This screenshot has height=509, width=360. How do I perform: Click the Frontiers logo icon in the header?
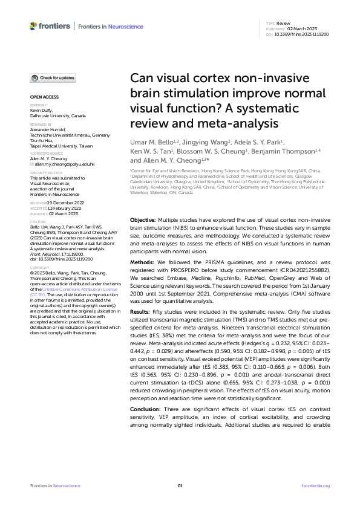(x=33, y=26)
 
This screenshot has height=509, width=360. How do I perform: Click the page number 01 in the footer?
(x=180, y=485)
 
